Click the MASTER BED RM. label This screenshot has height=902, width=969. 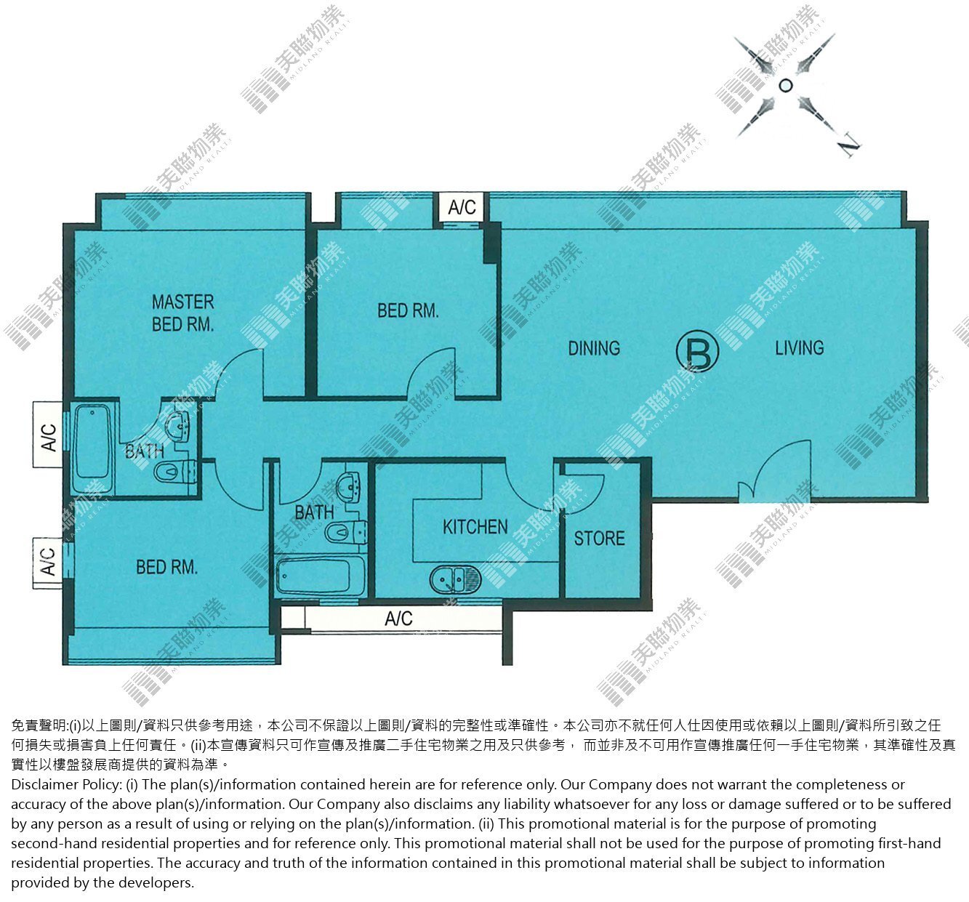click(183, 313)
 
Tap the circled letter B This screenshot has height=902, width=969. click(698, 351)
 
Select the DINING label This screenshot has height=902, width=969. click(594, 348)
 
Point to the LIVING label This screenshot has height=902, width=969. click(799, 347)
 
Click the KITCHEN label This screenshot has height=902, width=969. click(475, 527)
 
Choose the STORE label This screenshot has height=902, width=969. click(599, 539)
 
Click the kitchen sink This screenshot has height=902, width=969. click(455, 579)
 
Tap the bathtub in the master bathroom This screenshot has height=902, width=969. click(92, 446)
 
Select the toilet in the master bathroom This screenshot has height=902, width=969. click(174, 472)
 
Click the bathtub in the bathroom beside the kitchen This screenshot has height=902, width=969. click(320, 576)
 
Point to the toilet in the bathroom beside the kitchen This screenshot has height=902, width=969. click(345, 531)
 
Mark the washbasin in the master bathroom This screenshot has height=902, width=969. click(177, 424)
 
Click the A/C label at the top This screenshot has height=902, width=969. click(462, 207)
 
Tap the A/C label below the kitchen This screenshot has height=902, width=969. click(398, 619)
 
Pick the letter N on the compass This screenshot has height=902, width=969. click(850, 145)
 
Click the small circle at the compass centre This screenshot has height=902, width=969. click(785, 86)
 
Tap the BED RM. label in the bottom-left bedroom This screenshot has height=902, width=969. click(166, 567)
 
